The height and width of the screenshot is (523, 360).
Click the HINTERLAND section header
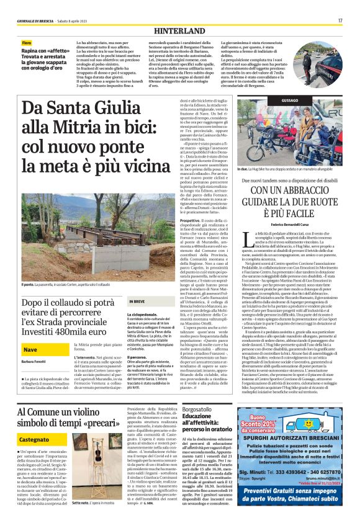[179, 29]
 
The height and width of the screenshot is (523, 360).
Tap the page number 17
[340, 20]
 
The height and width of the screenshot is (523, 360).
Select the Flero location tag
[27, 42]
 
